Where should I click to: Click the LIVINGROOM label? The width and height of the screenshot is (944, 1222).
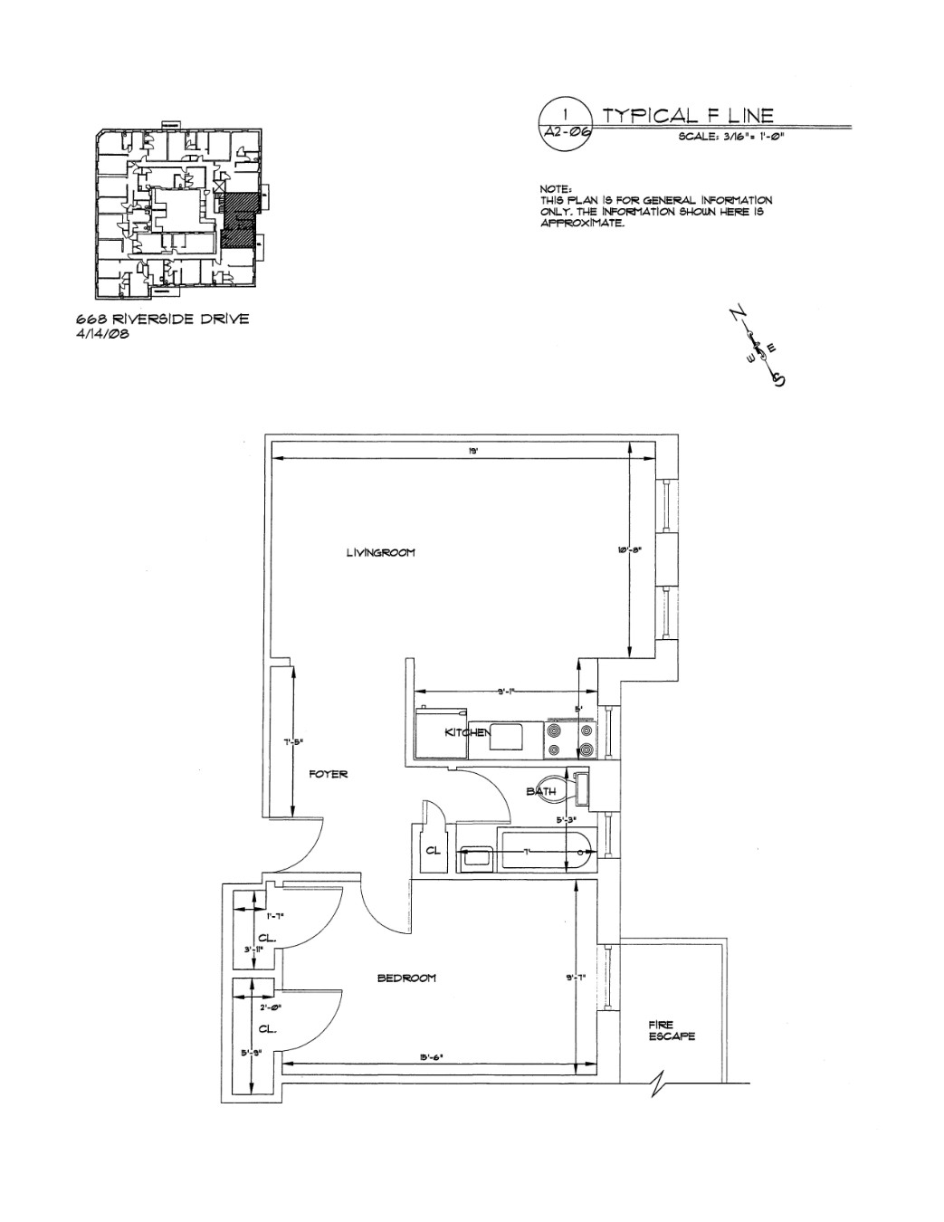[380, 553]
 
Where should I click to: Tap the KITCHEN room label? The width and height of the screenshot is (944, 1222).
[466, 731]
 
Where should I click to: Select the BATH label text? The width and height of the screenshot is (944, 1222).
[541, 792]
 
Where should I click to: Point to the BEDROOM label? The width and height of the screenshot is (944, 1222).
[406, 978]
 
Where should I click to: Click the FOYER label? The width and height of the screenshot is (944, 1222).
[328, 775]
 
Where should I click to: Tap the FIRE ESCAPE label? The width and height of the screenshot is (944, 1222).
[672, 1031]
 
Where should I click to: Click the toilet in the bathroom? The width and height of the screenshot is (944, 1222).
[556, 789]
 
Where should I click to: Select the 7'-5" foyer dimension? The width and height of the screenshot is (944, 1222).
[291, 741]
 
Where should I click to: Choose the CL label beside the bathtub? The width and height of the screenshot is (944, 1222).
[433, 851]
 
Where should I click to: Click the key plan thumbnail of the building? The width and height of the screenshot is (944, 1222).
[179, 214]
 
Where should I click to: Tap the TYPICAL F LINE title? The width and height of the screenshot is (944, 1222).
[688, 115]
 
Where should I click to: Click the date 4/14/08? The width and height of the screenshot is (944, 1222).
[102, 333]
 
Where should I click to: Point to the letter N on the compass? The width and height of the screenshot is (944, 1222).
[734, 315]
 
